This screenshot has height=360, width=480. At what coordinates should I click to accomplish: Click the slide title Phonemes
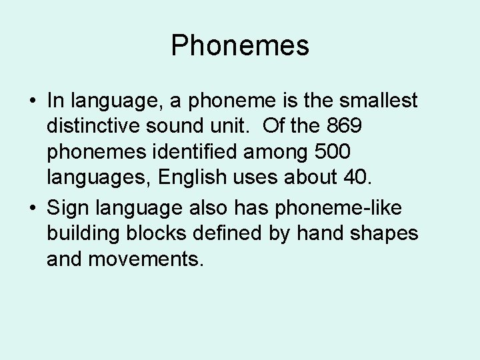click(240, 46)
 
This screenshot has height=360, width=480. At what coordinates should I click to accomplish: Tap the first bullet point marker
click(32, 102)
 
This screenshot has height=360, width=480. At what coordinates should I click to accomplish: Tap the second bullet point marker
click(32, 209)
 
